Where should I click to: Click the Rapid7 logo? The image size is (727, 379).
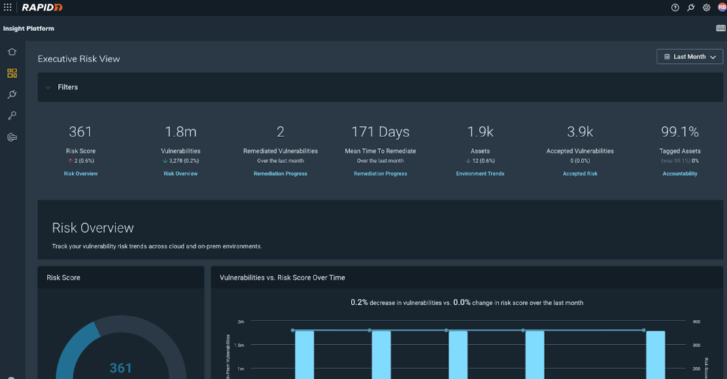[x=41, y=7]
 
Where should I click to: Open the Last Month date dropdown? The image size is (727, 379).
[x=690, y=57]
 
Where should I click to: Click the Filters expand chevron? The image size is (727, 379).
[x=48, y=88]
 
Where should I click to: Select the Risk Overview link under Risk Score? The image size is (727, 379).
[x=80, y=174]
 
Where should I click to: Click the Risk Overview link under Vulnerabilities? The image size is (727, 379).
[x=180, y=174]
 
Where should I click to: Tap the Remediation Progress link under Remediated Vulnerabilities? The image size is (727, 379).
[x=280, y=174]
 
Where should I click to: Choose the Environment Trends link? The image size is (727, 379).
[x=480, y=174]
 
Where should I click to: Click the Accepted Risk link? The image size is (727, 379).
[x=580, y=174]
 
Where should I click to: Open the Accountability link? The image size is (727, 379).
[x=680, y=174]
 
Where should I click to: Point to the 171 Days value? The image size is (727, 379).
[x=380, y=132]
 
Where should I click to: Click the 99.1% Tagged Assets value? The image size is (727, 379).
[x=680, y=132]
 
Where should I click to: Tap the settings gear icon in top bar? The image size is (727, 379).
[x=707, y=8]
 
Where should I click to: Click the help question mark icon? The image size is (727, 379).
[x=675, y=8]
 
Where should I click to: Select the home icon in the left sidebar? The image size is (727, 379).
[x=12, y=52]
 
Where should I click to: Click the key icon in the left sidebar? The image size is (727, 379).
[x=12, y=116]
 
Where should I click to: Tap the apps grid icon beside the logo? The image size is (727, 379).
[x=8, y=7]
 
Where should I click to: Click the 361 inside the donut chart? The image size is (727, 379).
[x=121, y=368]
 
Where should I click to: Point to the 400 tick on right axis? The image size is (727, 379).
[x=697, y=321]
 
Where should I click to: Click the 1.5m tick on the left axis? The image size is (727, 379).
[x=241, y=345]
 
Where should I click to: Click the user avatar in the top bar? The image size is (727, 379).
[x=722, y=7]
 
